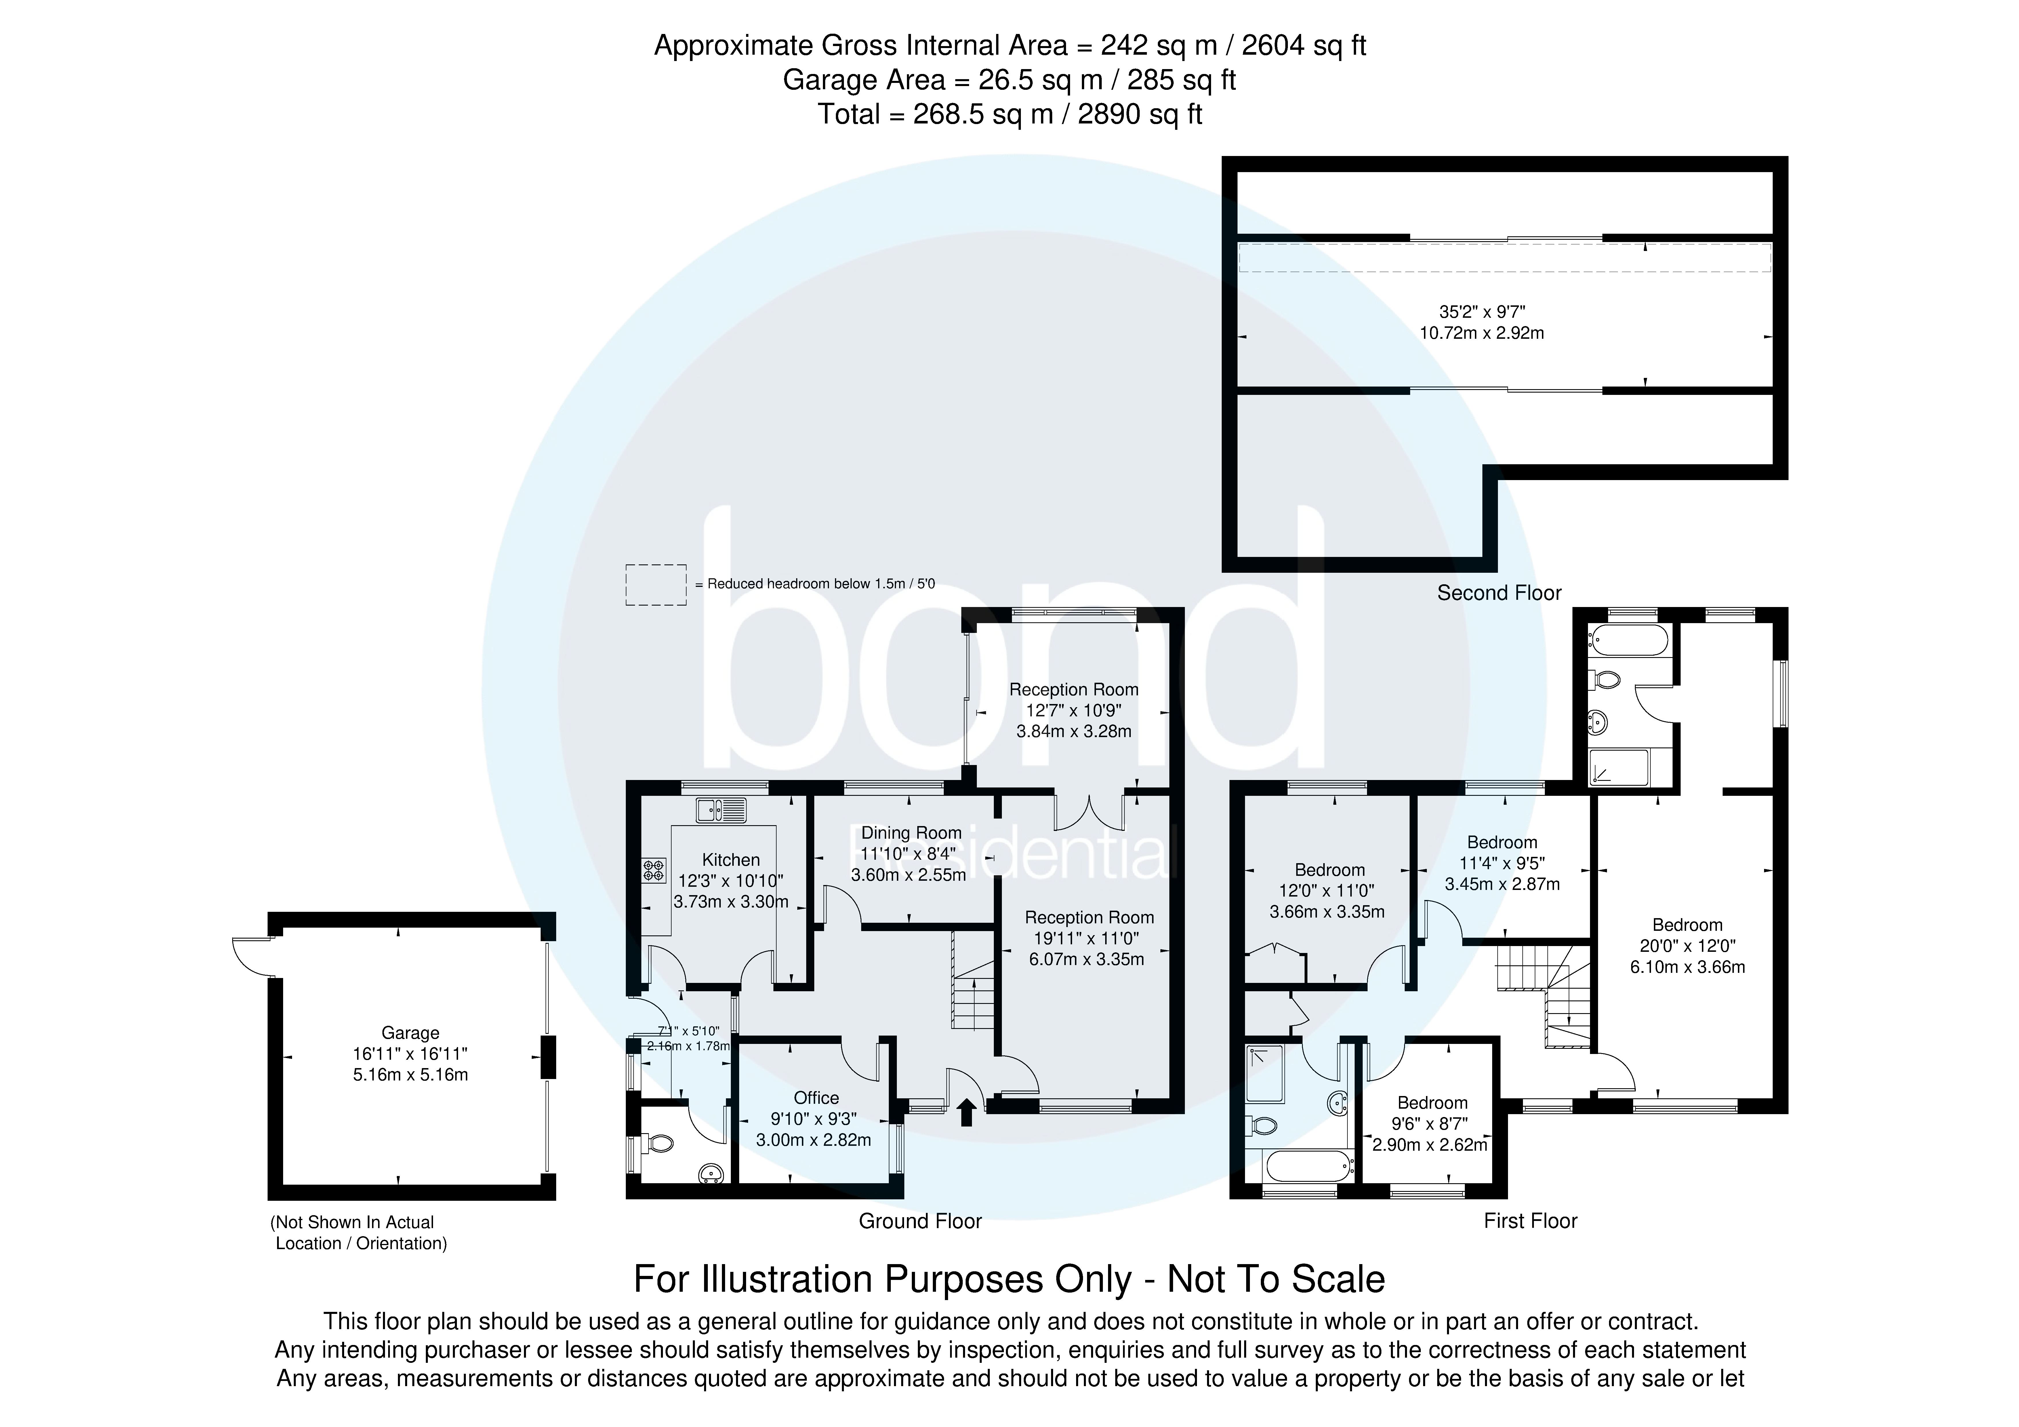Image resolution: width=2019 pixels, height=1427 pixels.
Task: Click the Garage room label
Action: [x=410, y=1033]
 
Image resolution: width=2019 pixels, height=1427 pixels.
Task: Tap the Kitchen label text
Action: [x=731, y=859]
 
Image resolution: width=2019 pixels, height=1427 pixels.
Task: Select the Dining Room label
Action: [x=911, y=832]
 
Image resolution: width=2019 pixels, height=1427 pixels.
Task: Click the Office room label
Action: [x=816, y=1097]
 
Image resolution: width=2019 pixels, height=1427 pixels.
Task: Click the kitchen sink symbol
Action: [x=721, y=808]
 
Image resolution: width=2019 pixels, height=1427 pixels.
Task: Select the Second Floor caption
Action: [x=1498, y=593]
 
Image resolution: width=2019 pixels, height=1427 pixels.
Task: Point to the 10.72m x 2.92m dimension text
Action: [x=1482, y=332]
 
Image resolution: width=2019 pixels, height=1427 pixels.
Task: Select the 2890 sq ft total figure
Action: [x=1140, y=114]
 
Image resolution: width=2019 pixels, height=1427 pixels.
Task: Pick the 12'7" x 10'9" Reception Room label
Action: [x=1074, y=690]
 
